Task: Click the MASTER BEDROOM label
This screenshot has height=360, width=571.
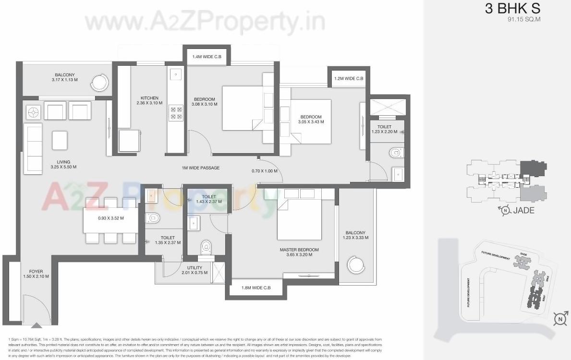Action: pos(299,250)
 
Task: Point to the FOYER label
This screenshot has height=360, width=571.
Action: pos(36,271)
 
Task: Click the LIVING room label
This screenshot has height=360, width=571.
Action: pos(63,162)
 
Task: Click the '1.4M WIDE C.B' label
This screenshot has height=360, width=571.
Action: pos(207,57)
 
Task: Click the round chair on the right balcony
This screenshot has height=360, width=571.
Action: pos(357,264)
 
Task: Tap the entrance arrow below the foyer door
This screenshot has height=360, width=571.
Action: pos(36,326)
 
